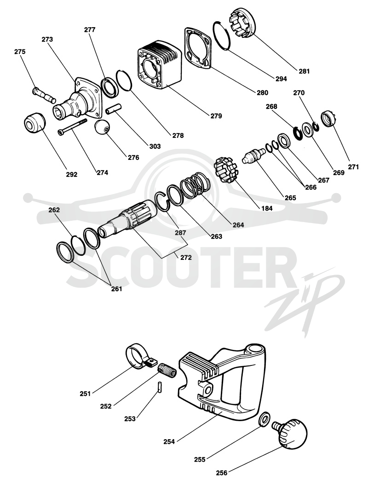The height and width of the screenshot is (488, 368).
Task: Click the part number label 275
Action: click(x=20, y=52)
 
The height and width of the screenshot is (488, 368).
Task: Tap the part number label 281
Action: click(x=305, y=71)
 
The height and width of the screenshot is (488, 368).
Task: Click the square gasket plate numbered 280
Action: click(x=198, y=47)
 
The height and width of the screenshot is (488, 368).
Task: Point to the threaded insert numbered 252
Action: click(x=167, y=370)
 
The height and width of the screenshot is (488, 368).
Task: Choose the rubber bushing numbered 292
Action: click(x=34, y=123)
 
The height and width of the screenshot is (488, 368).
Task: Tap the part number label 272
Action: click(x=186, y=258)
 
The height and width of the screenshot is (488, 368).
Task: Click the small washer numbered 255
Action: click(x=265, y=419)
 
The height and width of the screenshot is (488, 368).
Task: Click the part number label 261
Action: click(x=116, y=289)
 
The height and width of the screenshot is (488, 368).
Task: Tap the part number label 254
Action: click(x=170, y=441)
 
